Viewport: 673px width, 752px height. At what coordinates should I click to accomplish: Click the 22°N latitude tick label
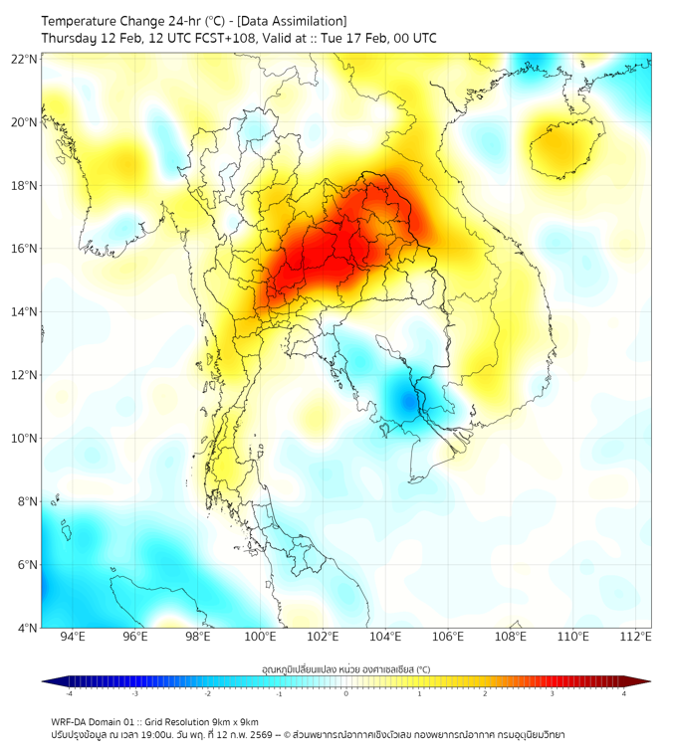click(x=24, y=60)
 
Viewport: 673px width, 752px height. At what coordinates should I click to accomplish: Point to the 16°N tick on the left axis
click(x=24, y=249)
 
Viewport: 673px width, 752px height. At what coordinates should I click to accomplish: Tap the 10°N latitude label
click(x=24, y=439)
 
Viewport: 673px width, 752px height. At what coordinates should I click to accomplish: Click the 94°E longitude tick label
click(x=73, y=637)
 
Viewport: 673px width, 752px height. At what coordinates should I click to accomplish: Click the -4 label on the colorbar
click(x=69, y=693)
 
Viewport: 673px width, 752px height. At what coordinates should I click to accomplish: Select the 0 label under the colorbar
click(x=346, y=693)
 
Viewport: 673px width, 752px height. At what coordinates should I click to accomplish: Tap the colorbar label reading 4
click(x=624, y=693)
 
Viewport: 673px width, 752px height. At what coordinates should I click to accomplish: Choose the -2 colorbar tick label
click(x=207, y=693)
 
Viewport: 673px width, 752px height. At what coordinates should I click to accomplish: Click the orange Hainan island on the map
click(x=561, y=146)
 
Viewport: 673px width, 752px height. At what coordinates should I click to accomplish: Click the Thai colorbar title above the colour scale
click(x=345, y=669)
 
